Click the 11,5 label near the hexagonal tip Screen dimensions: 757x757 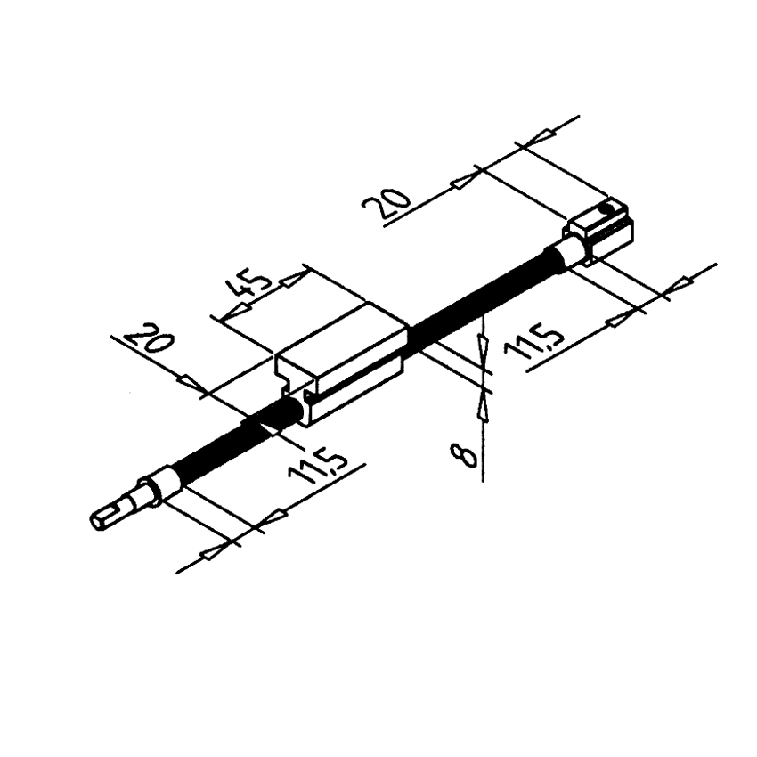[317, 468]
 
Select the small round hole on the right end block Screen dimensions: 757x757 [606, 208]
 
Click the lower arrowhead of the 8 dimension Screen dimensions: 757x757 [483, 405]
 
